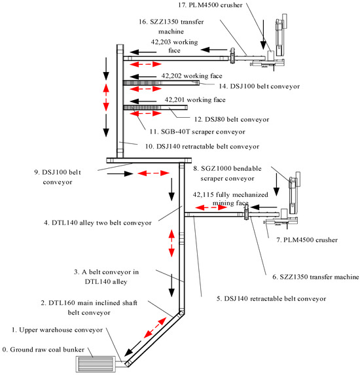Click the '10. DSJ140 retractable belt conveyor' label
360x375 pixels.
coord(199,146)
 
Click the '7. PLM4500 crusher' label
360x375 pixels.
coord(307,240)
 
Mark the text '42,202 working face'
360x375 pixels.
coord(190,76)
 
